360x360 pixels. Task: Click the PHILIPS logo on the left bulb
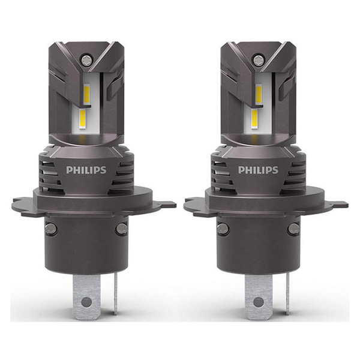[x=86, y=170]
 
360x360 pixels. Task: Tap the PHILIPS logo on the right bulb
[x=258, y=170]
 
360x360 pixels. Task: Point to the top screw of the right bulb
[x=259, y=59]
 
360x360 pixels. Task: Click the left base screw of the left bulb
[x=52, y=228]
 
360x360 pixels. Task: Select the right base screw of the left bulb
[x=121, y=228]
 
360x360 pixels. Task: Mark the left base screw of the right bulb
[x=223, y=228]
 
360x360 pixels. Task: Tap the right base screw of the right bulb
[x=293, y=228]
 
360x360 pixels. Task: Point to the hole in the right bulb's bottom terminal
[x=259, y=300]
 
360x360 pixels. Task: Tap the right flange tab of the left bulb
[x=168, y=205]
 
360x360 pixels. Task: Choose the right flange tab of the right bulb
[x=340, y=205]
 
